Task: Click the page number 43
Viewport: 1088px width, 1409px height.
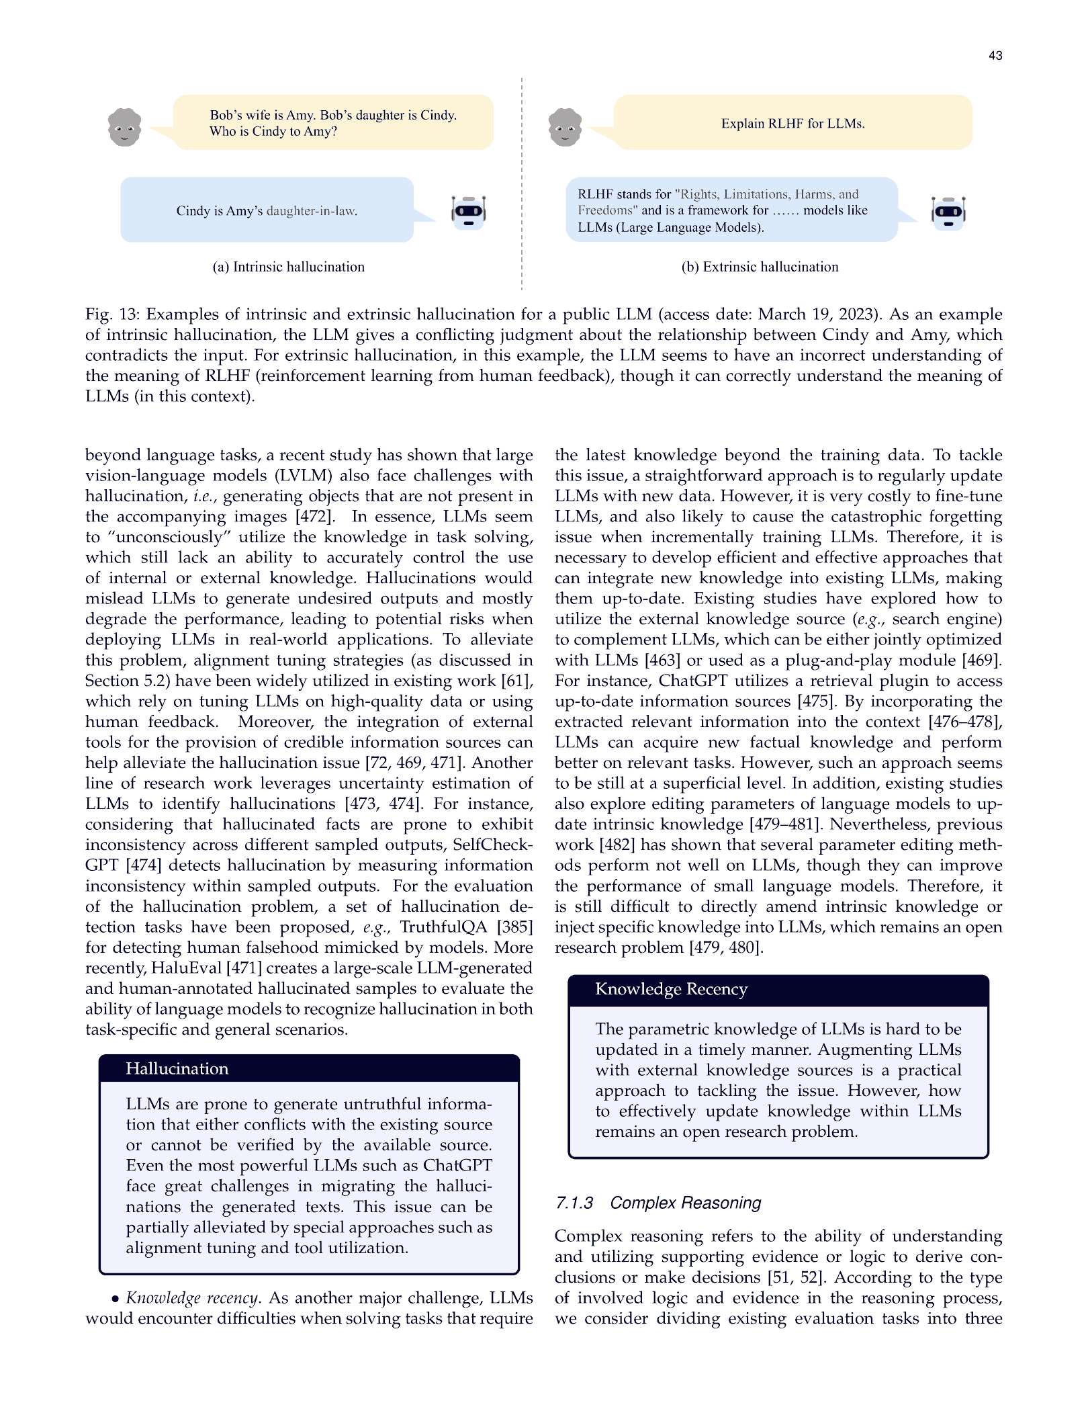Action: (995, 56)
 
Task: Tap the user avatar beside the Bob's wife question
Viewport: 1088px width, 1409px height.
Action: (125, 127)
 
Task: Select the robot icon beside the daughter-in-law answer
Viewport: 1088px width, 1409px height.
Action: (469, 212)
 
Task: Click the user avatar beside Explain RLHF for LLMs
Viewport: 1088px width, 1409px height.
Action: (565, 127)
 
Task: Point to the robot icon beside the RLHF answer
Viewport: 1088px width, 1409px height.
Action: (948, 212)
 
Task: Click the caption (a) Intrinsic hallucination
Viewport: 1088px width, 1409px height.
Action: (288, 267)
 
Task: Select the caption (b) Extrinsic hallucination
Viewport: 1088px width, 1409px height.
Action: (760, 267)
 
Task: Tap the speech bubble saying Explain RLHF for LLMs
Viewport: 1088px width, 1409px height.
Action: (792, 123)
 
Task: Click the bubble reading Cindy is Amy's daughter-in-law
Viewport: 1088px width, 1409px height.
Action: (267, 210)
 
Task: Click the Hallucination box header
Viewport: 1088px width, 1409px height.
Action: (177, 1068)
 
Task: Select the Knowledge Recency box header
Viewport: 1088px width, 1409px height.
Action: (671, 989)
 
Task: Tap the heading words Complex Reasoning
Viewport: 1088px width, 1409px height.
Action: (686, 1203)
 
